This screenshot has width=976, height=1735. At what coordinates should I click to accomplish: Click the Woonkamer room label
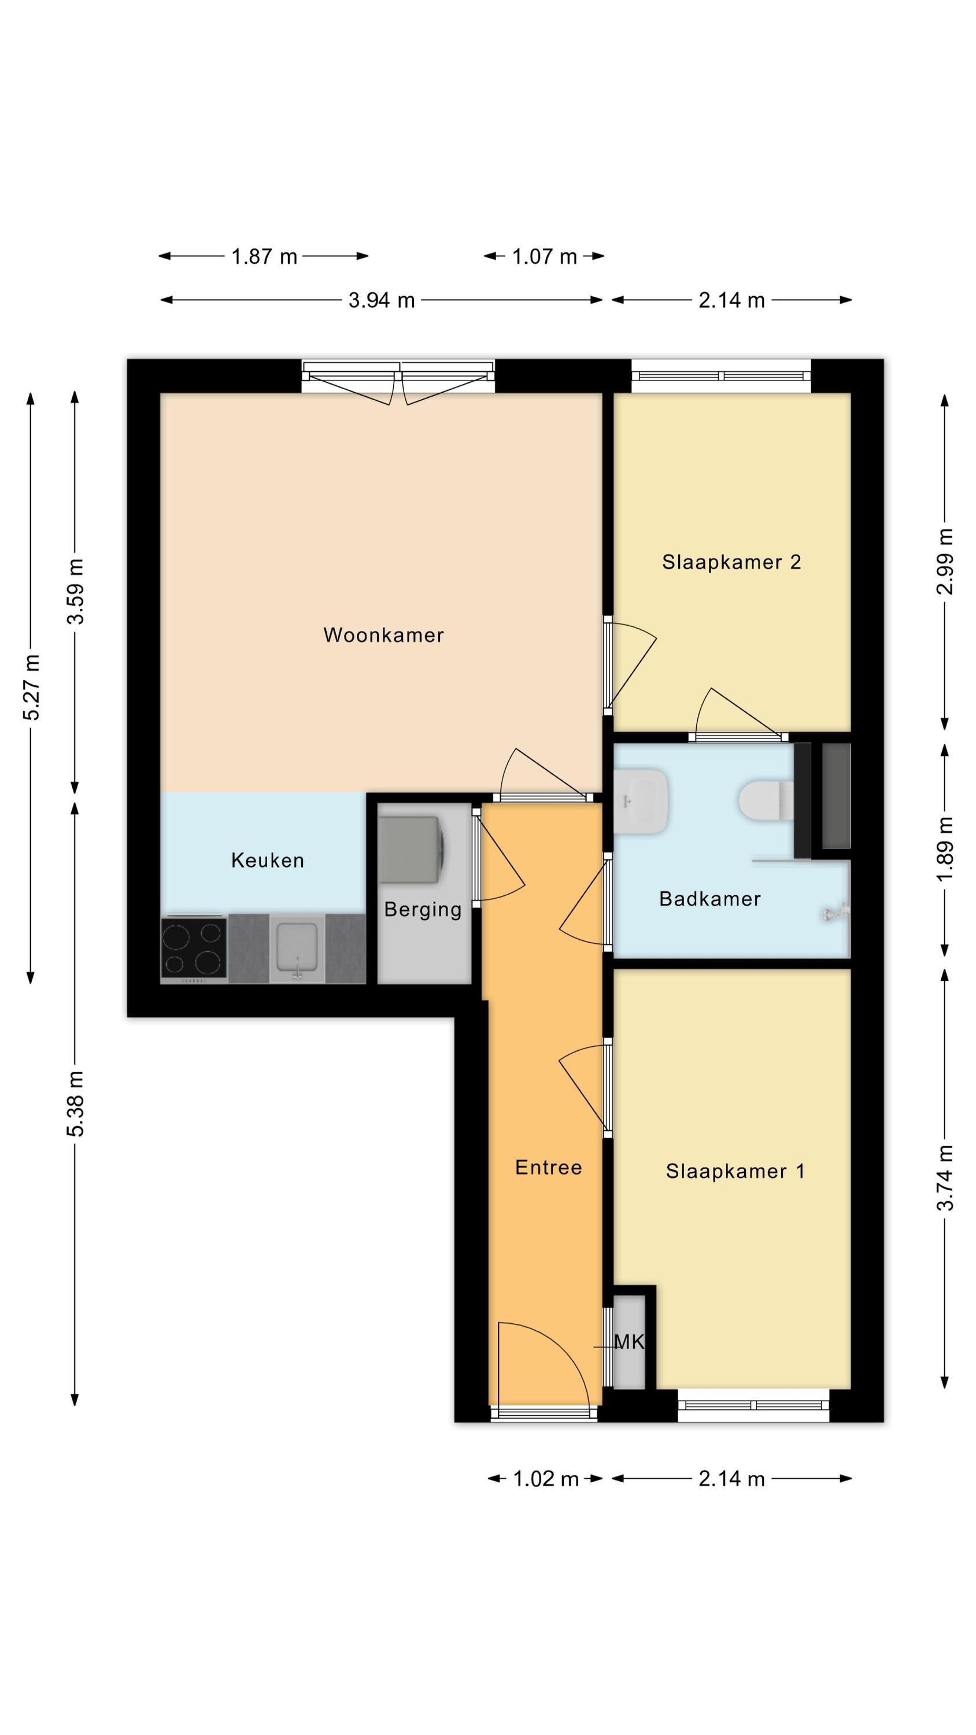(x=383, y=635)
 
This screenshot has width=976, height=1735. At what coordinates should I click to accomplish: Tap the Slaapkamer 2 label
(x=731, y=562)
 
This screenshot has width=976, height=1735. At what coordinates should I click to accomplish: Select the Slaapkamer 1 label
(x=735, y=1171)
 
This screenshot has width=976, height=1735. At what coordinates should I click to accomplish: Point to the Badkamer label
(x=710, y=899)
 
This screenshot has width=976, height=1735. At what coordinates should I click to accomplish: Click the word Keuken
(x=267, y=860)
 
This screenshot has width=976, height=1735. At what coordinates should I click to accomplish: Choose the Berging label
(x=423, y=910)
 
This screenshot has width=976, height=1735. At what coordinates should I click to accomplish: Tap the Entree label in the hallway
(x=548, y=1167)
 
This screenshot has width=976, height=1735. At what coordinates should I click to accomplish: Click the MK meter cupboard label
(x=629, y=1342)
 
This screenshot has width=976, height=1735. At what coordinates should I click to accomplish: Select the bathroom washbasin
(x=640, y=801)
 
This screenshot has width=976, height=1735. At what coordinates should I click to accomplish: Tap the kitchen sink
(x=297, y=948)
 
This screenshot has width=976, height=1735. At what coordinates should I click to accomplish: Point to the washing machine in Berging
(x=410, y=850)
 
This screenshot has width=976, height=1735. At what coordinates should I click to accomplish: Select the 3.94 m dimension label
(x=381, y=300)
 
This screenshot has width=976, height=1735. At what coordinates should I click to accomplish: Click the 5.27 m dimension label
(x=32, y=686)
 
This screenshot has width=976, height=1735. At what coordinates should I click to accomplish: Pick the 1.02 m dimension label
(x=546, y=1479)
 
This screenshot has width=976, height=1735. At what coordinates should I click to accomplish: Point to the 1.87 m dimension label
(x=264, y=257)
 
